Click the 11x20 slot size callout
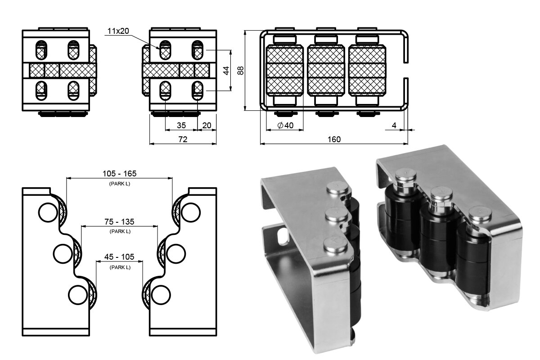point(118,31)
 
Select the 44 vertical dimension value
point(226,71)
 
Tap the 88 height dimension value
point(241,71)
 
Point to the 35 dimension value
point(181,126)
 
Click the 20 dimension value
point(207,126)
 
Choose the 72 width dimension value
point(183,139)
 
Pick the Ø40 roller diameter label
point(285,126)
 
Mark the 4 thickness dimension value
point(394,126)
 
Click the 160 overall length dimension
point(334,139)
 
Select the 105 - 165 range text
point(120,174)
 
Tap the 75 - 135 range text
point(119,221)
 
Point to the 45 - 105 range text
point(119,257)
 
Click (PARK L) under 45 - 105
point(120,267)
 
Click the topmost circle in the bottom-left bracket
point(48,212)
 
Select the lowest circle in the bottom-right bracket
point(161,295)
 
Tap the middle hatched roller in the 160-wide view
point(326,70)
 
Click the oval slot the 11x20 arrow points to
point(165,50)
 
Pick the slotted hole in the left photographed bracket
point(282,236)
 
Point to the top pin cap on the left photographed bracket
point(337,188)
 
